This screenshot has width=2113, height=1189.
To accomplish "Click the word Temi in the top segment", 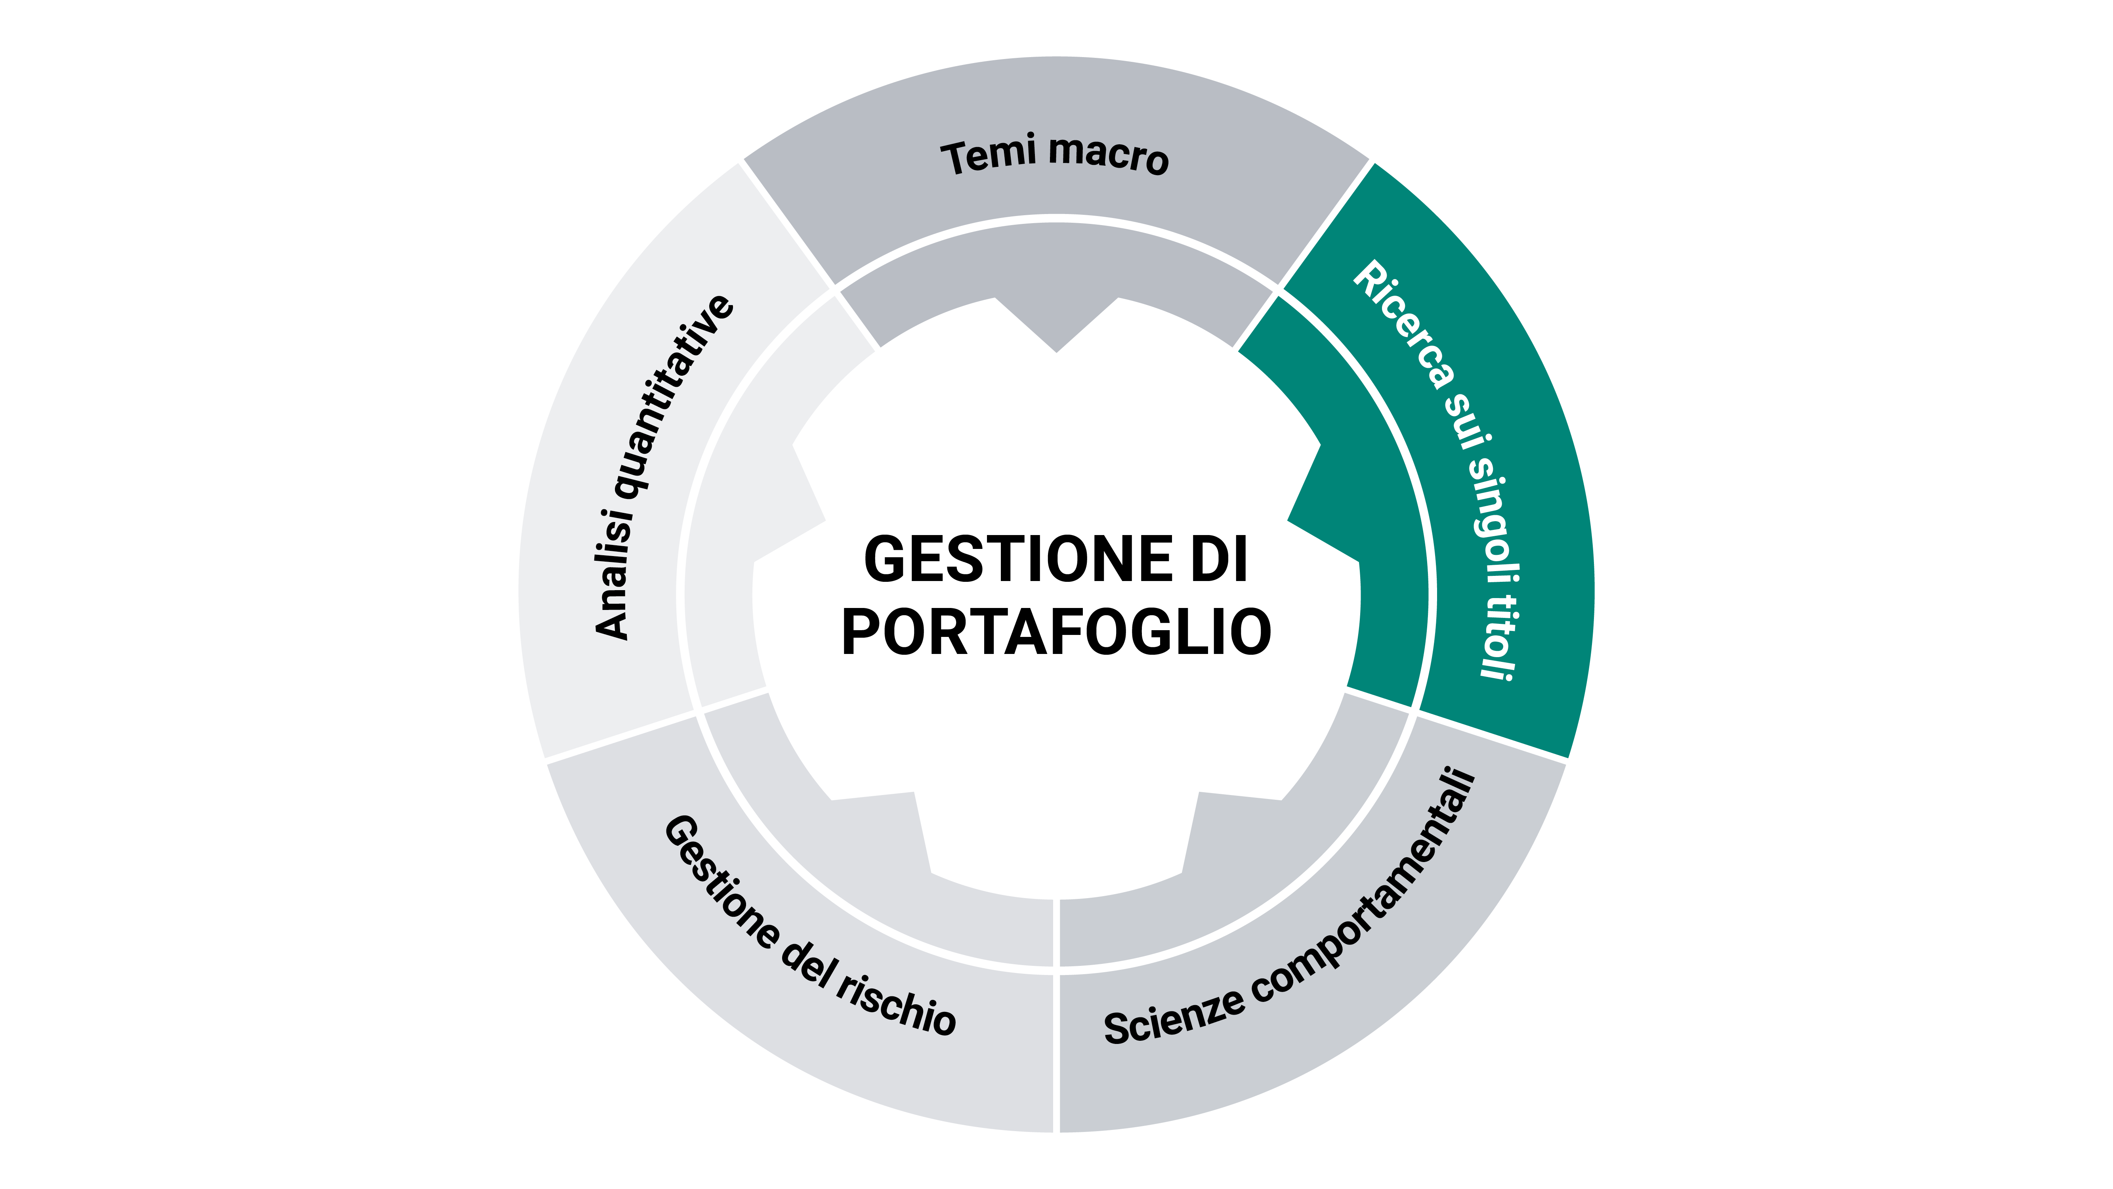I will pos(989,156).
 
